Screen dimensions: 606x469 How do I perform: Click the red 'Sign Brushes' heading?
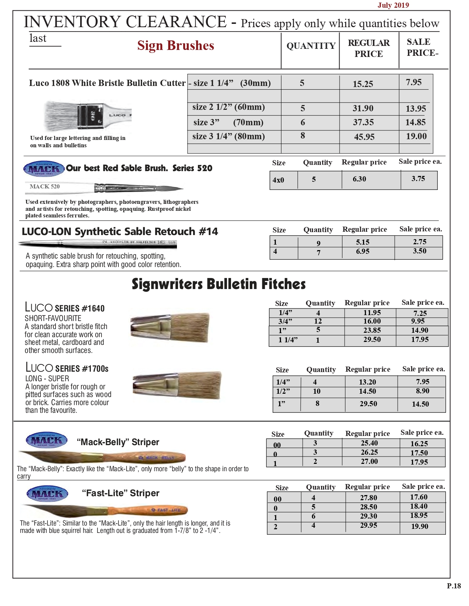click(x=175, y=46)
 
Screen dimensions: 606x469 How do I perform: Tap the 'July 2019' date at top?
click(x=393, y=5)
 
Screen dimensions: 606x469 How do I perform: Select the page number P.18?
click(x=454, y=586)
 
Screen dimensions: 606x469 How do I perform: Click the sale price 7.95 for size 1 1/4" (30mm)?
click(x=413, y=82)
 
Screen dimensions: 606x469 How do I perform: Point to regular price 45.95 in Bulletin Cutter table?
click(x=364, y=137)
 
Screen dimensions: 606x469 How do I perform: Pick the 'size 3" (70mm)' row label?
click(x=228, y=122)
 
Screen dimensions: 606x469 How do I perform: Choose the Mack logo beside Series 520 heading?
click(x=44, y=169)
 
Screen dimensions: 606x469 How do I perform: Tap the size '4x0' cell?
click(x=278, y=180)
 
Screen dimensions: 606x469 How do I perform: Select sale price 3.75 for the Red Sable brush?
click(x=418, y=179)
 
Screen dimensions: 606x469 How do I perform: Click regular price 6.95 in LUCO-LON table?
click(x=362, y=252)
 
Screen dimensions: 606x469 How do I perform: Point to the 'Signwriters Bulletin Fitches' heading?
click(x=218, y=284)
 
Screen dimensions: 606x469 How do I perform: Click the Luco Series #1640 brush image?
click(x=170, y=327)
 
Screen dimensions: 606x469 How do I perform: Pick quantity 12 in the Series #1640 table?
click(x=318, y=321)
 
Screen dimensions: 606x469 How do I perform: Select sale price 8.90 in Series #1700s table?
click(x=422, y=391)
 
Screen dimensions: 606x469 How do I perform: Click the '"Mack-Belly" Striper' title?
click(x=118, y=442)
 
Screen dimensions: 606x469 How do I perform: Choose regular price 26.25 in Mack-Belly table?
click(x=369, y=452)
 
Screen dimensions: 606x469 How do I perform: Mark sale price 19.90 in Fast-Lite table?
click(x=419, y=526)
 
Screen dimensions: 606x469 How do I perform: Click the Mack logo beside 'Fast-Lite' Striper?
click(x=47, y=494)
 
